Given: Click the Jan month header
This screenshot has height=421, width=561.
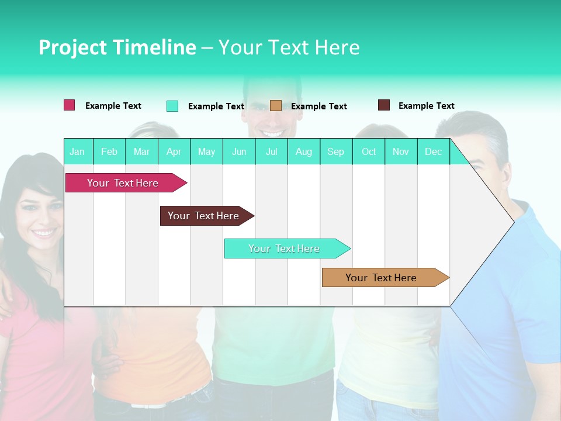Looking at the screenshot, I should point(78,151).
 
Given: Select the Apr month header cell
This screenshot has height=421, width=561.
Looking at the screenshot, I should point(174,151).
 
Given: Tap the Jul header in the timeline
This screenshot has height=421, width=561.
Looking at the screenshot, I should point(271,151).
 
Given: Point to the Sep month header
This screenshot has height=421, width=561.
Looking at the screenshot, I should point(336,151).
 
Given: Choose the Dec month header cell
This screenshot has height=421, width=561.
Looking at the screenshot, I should point(433,151).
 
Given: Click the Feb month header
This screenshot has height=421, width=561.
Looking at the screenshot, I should point(109,151).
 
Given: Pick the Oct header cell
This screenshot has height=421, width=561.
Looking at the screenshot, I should point(369,151).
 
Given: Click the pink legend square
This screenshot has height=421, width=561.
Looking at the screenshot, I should point(70,105).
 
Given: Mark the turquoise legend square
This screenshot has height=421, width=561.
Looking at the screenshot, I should point(172,106).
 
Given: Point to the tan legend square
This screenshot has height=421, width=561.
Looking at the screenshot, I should point(276,106).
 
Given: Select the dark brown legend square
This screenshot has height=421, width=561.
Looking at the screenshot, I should point(384,105).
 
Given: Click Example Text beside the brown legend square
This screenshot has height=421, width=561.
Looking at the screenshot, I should point(426,106).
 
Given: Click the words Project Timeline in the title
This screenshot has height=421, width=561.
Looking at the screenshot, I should point(117,47).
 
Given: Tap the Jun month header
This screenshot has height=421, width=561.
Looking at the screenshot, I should point(239,151).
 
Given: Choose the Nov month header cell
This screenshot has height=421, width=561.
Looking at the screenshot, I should point(401,151).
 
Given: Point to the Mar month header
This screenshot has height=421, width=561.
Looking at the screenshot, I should point(141,151).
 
